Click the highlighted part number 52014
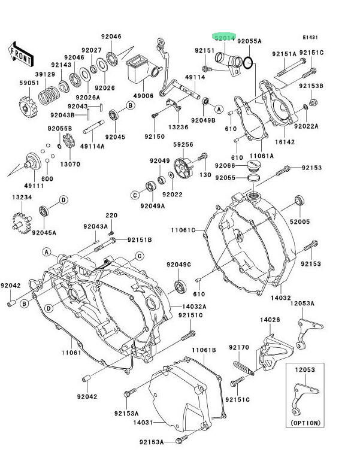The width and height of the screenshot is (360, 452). [x=226, y=38]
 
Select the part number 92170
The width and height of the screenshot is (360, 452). [x=238, y=347]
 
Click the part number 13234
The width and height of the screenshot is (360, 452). [x=20, y=198]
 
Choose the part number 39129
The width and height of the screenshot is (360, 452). [x=45, y=74]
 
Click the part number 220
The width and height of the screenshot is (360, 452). [x=111, y=216]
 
